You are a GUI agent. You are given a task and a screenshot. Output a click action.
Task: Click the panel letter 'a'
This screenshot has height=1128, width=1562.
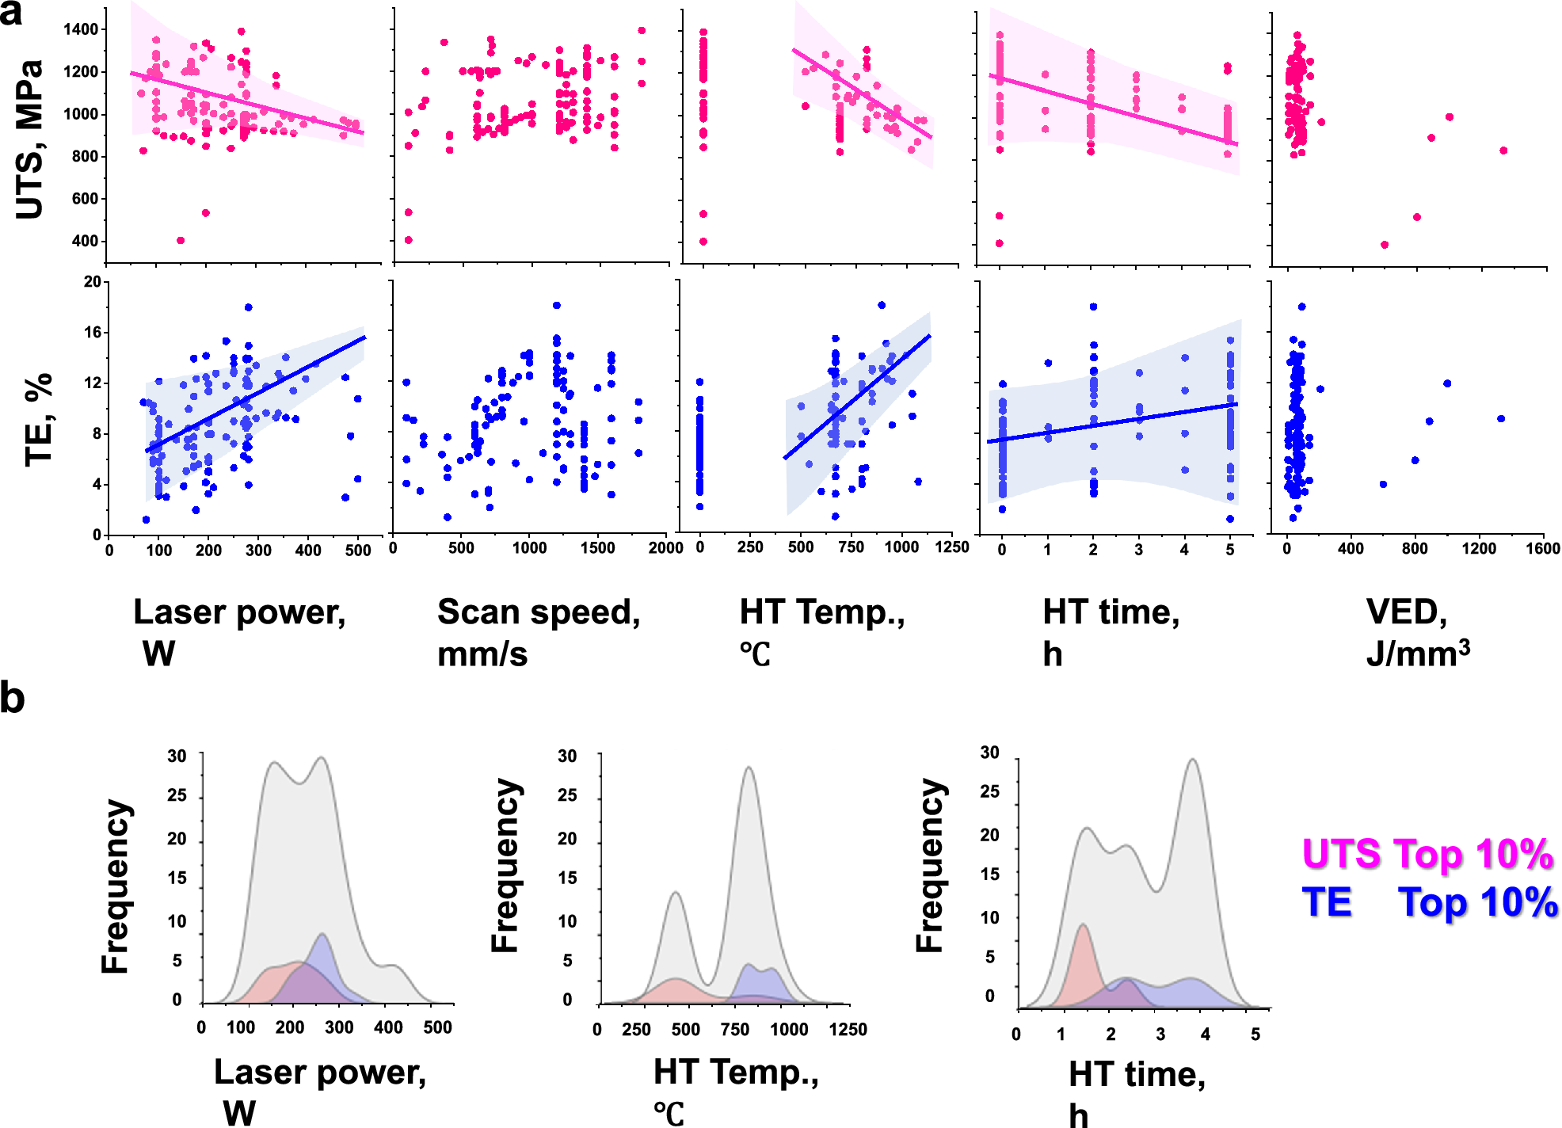coord(11,13)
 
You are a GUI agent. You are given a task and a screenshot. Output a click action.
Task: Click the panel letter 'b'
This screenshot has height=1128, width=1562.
coord(12,698)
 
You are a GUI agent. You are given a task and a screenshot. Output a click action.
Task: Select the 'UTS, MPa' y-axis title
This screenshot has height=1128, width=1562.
coord(30,139)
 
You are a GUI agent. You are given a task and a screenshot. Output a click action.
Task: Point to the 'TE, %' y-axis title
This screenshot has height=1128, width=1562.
coord(38,420)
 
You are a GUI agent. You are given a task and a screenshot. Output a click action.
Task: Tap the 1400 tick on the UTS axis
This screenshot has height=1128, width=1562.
coord(81,29)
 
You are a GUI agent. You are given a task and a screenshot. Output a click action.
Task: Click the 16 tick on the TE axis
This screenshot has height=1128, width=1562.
coord(93,333)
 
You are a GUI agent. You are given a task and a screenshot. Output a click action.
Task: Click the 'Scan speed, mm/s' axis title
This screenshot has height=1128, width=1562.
coord(539,632)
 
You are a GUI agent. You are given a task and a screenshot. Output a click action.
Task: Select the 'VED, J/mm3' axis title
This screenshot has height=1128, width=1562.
coord(1417,632)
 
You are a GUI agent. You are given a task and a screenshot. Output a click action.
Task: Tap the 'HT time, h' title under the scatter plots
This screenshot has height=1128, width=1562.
coord(1111,632)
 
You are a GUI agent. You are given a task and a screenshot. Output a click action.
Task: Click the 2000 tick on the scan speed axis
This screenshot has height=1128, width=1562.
coord(665,548)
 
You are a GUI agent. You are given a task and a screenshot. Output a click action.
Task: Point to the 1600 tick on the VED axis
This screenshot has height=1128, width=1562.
coord(1542,548)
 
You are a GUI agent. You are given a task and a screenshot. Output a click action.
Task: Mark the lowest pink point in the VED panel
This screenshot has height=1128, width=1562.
coord(1384,245)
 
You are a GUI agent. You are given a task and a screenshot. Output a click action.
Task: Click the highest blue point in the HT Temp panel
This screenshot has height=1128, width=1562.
coord(882,305)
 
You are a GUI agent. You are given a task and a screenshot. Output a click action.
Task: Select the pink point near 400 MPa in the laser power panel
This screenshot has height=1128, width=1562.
coord(181,240)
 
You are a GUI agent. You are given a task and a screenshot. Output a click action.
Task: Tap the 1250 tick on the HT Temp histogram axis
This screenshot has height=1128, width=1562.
coord(848,1029)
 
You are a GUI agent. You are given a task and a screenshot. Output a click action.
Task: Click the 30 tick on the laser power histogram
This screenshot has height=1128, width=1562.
coord(177,756)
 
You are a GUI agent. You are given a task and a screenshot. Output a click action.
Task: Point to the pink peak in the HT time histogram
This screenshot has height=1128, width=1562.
coord(1082,925)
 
